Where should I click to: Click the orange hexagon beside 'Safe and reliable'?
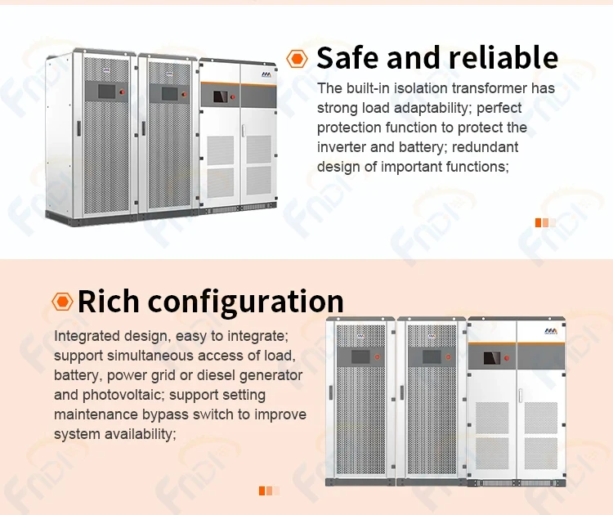pos(298,58)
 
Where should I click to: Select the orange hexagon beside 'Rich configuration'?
pos(62,302)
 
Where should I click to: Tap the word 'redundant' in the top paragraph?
pos(484,147)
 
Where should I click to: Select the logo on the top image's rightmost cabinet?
pos(265,74)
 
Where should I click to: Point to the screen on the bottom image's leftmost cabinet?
pos(360,356)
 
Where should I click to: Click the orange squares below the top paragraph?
pos(545,222)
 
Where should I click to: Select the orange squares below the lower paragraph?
pos(269,490)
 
